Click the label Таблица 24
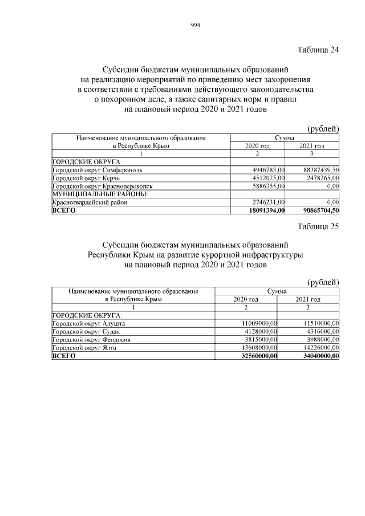point(318,50)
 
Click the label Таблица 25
point(318,226)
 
